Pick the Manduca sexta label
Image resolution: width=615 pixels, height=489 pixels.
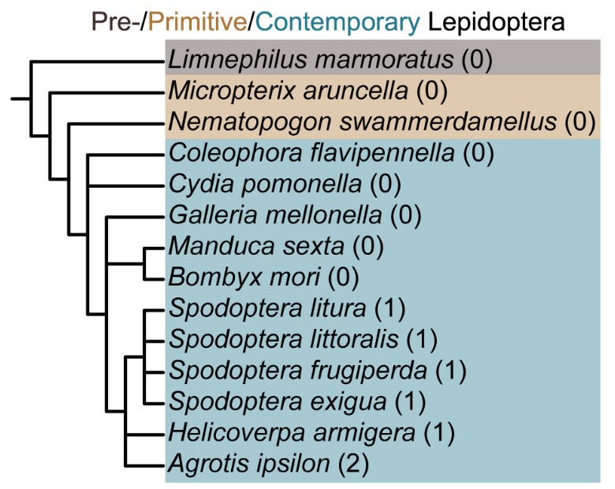255,246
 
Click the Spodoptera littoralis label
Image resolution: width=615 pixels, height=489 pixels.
283,339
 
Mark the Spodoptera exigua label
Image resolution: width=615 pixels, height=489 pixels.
277,401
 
